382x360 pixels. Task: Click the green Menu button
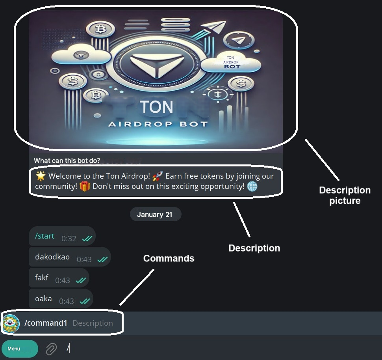[x=20, y=349]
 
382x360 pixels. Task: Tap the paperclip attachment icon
[x=51, y=349]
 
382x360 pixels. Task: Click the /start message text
[x=45, y=236]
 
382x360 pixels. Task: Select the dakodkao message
[x=52, y=257]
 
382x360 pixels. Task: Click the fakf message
[x=42, y=278]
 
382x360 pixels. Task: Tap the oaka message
[x=43, y=299]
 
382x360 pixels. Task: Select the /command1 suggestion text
[x=46, y=323]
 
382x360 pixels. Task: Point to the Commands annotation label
[x=169, y=258]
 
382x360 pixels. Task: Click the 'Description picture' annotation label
[x=345, y=196]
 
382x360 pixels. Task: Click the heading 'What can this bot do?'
[x=67, y=160]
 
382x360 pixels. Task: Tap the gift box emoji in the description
[x=85, y=186]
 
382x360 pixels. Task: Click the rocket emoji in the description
[x=158, y=176]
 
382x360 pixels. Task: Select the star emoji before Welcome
[x=40, y=176]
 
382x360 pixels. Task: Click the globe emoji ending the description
[x=252, y=186]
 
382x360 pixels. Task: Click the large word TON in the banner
[x=156, y=107]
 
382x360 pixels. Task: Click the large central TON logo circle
[x=156, y=63]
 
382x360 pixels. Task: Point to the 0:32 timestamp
[x=69, y=239]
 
